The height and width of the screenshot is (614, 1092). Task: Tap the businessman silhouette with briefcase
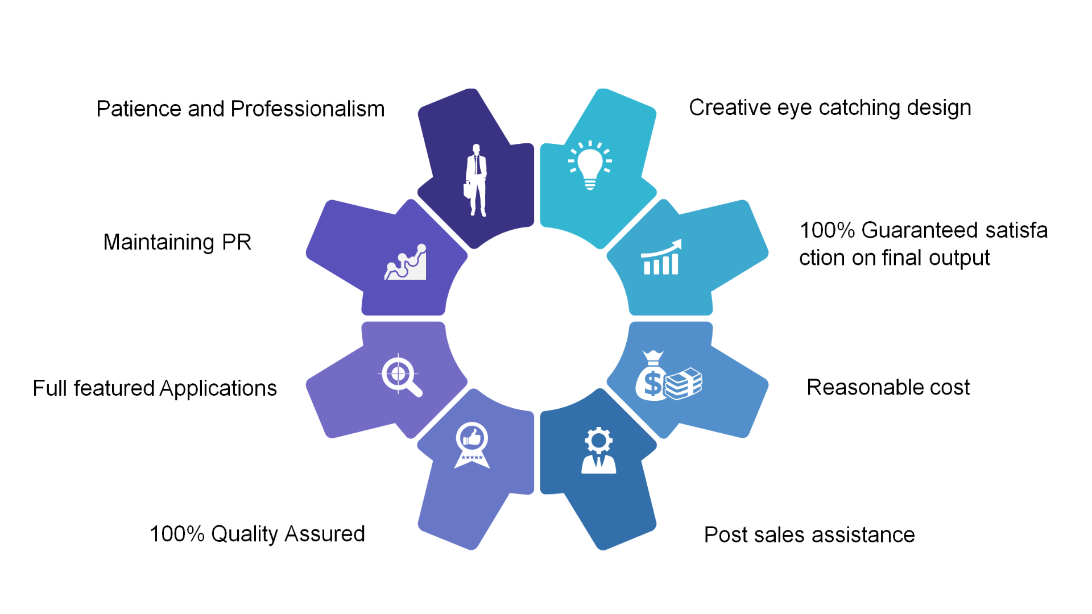point(476,180)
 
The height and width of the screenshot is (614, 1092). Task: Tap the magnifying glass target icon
point(400,375)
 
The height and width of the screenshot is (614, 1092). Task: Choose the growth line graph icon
point(406,263)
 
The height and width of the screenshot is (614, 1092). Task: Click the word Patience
point(139,109)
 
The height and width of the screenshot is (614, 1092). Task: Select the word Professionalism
point(308,109)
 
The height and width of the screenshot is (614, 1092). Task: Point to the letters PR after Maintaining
point(237,242)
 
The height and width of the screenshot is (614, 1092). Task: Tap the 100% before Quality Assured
point(177,534)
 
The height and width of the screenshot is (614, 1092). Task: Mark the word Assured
point(324,534)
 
